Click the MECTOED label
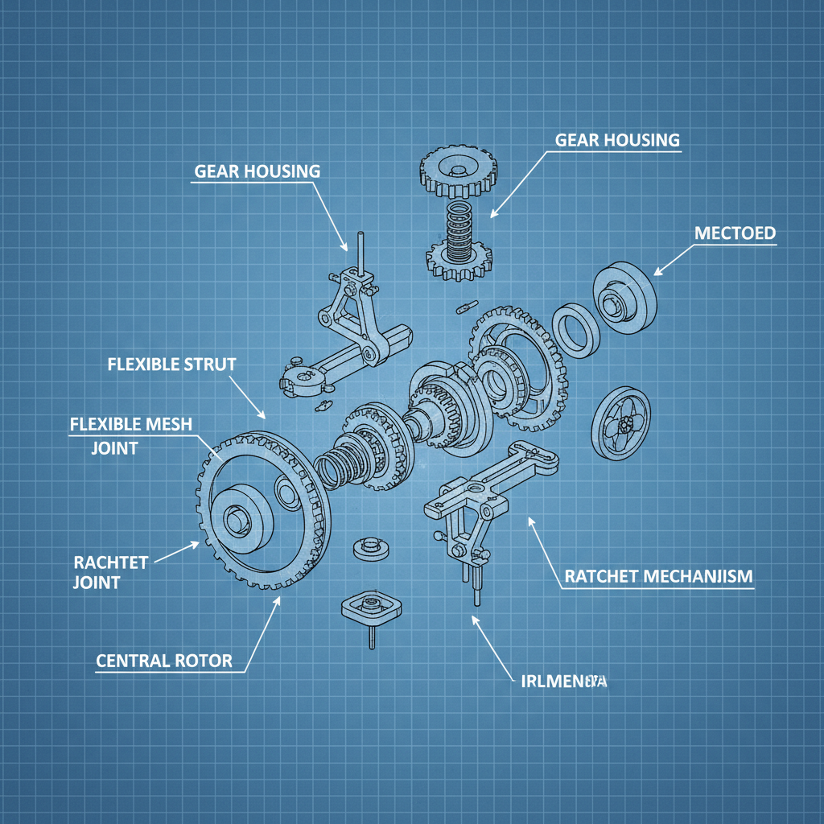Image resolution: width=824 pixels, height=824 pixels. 734,233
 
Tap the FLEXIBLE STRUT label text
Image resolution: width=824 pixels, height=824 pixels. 171,365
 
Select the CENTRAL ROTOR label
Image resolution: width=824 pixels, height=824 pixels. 164,661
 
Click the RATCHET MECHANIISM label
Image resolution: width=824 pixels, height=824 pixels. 658,576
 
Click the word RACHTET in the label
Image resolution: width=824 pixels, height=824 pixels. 110,562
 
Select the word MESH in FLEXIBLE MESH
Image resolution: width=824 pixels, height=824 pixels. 167,424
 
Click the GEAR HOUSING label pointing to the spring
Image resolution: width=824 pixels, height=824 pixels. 617,140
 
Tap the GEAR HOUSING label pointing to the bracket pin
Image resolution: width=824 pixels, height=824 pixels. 257,171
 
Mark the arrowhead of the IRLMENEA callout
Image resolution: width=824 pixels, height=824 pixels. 473,619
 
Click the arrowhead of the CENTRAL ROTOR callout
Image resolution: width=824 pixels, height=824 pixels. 278,600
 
